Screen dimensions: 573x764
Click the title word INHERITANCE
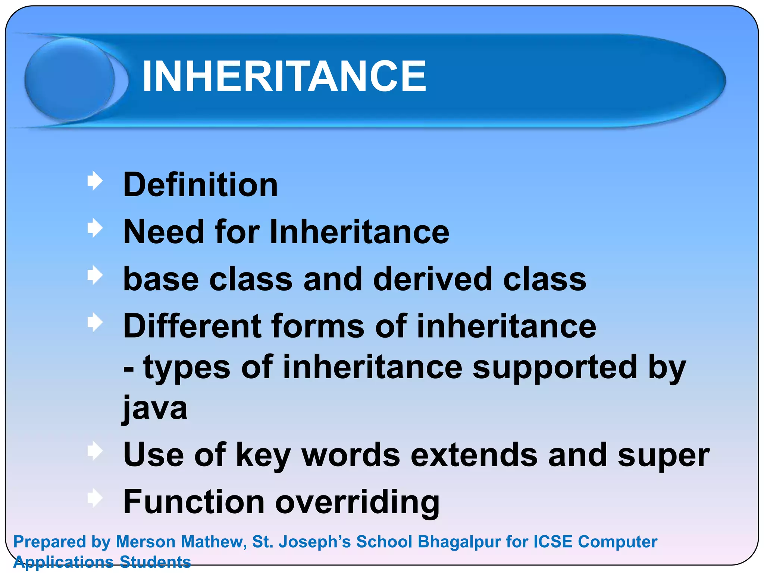pos(284,76)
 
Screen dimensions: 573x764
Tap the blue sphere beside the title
pos(70,79)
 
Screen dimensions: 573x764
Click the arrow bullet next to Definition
pos(95,181)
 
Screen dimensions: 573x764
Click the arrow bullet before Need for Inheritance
pos(95,228)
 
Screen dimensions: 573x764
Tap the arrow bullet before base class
pos(95,276)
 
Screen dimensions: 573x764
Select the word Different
pos(192,326)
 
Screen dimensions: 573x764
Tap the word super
pos(663,456)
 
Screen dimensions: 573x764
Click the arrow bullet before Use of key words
pos(95,451)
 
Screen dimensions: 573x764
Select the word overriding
pos(357,502)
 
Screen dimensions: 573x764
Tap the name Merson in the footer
pos(145,542)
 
